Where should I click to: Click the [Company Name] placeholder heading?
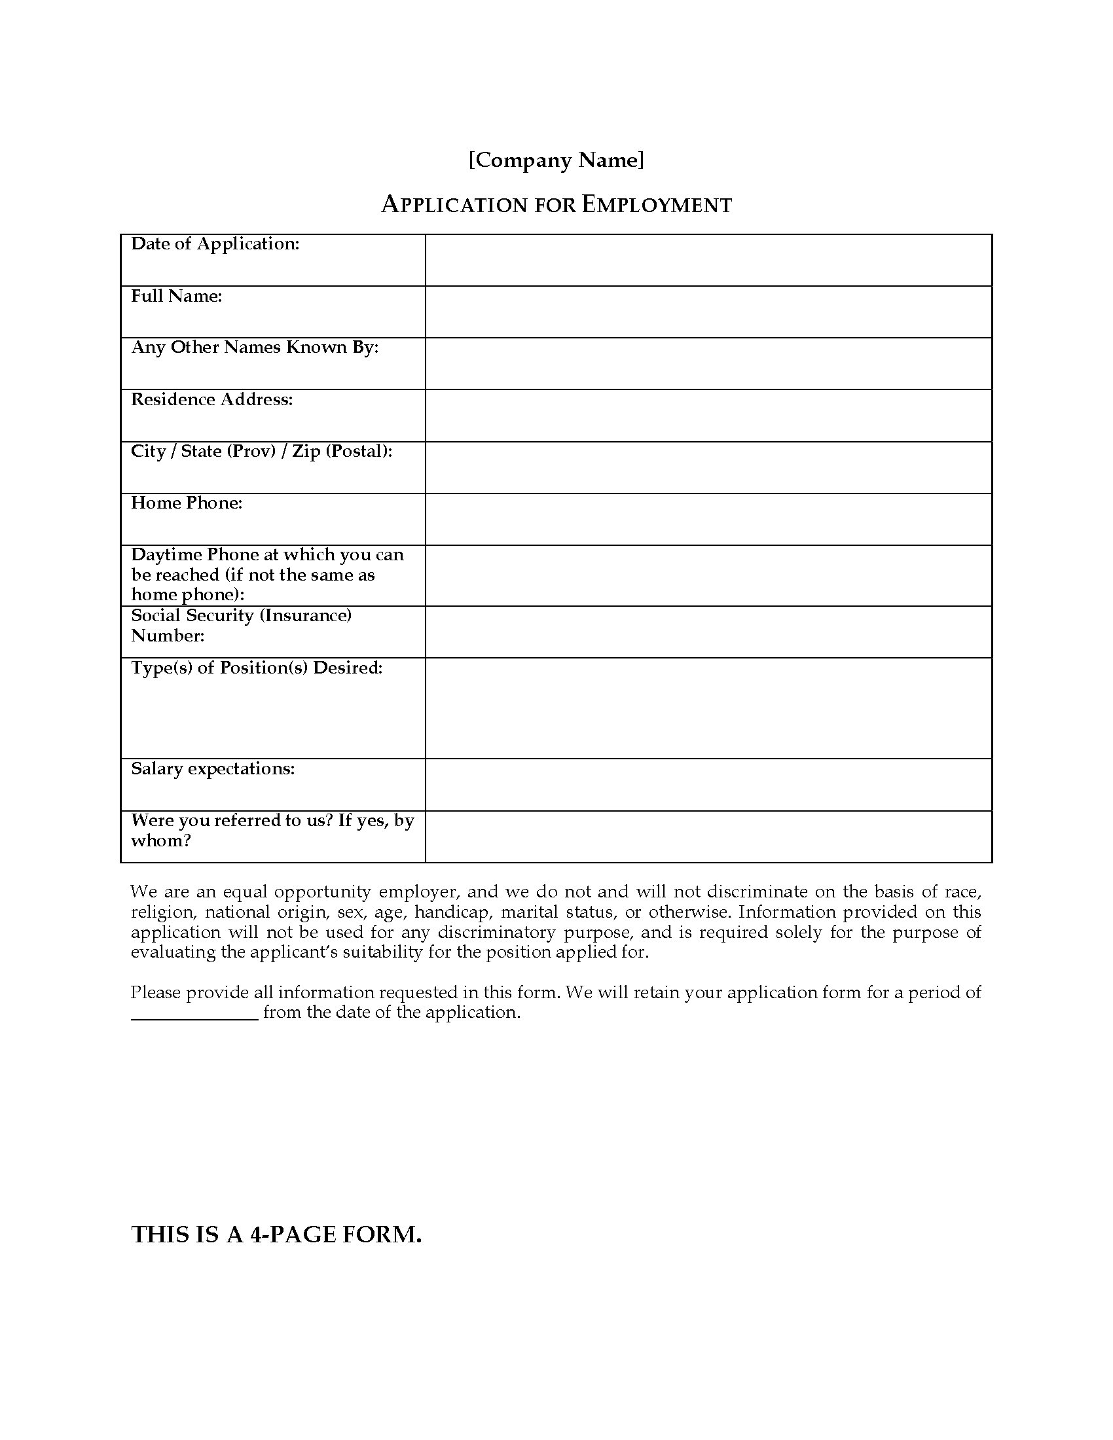[x=556, y=160]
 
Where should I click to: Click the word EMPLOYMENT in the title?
[x=657, y=205]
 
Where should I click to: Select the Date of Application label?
[x=215, y=244]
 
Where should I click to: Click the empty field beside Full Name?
[x=708, y=312]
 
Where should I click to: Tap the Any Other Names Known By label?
[x=255, y=348]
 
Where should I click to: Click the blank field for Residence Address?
[x=708, y=416]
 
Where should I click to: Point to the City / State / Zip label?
[x=261, y=452]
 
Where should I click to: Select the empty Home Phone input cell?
[x=708, y=519]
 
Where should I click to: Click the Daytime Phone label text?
[x=267, y=574]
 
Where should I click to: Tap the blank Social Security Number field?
[x=708, y=632]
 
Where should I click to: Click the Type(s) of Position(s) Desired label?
[x=257, y=668]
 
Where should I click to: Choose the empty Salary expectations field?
[x=708, y=785]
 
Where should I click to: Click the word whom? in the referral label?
[x=161, y=841]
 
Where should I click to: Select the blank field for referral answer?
[x=708, y=837]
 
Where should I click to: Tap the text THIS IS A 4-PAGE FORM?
[x=276, y=1234]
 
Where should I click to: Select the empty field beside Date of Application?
[x=708, y=260]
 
